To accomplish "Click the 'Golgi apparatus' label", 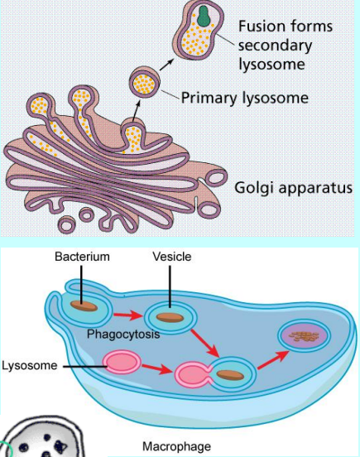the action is pyautogui.click(x=293, y=188).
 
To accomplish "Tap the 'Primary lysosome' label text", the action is pyautogui.click(x=245, y=98).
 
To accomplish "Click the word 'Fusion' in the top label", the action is pyautogui.click(x=262, y=26).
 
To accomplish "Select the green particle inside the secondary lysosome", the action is pyautogui.click(x=204, y=16).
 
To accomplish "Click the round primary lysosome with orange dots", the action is pyautogui.click(x=145, y=83).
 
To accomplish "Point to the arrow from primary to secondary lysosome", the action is pyautogui.click(x=166, y=65).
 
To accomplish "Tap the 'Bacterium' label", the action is pyautogui.click(x=82, y=257).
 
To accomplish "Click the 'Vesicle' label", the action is pyautogui.click(x=172, y=257).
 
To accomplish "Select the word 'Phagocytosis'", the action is pyautogui.click(x=123, y=334).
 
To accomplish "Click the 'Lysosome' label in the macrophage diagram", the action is pyautogui.click(x=30, y=365).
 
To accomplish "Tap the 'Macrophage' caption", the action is pyautogui.click(x=176, y=446).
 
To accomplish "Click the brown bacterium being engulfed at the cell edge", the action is pyautogui.click(x=84, y=305).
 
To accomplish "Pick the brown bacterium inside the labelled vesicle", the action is pyautogui.click(x=170, y=317).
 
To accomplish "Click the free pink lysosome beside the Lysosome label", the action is pyautogui.click(x=122, y=362).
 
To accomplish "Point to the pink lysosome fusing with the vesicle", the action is pyautogui.click(x=193, y=375).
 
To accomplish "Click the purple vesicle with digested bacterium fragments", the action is pyautogui.click(x=305, y=336).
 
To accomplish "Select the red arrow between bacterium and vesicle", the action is pyautogui.click(x=128, y=315).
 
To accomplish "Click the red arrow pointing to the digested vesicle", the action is pyautogui.click(x=274, y=360).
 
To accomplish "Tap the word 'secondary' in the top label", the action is pyautogui.click(x=276, y=46).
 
